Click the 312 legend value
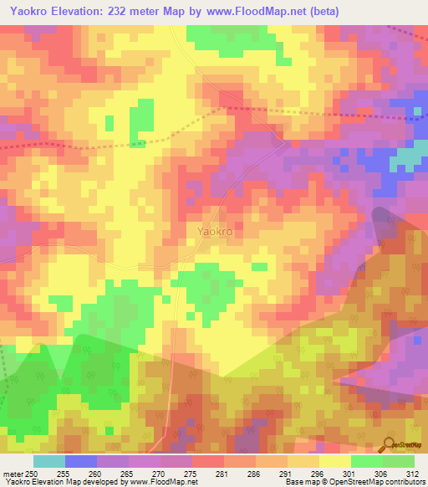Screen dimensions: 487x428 click(414, 472)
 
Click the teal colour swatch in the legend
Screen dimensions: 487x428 click(49, 460)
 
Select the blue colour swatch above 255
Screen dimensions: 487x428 click(81, 460)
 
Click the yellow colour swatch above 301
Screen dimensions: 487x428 click(335, 460)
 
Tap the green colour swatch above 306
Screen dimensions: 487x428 click(367, 460)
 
